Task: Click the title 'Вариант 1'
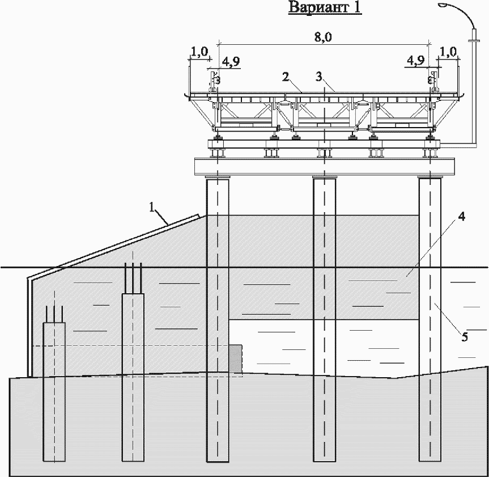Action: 325,8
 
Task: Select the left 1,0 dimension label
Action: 199,52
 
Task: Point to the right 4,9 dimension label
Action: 416,62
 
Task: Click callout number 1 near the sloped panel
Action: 152,208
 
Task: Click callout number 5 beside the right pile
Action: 464,337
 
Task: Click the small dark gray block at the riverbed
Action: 236,358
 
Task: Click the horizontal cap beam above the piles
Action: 326,166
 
